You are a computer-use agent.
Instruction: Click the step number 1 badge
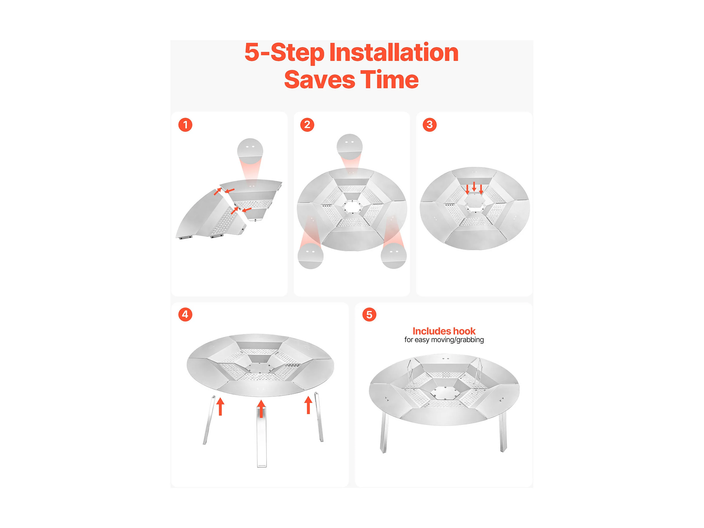pyautogui.click(x=185, y=125)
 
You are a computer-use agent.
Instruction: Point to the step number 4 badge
pyautogui.click(x=185, y=314)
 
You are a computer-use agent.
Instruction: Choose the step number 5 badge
pyautogui.click(x=369, y=314)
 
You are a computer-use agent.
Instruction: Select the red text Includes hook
pyautogui.click(x=444, y=331)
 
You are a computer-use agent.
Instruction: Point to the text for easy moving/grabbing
pyautogui.click(x=444, y=340)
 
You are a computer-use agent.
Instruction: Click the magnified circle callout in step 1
pyautogui.click(x=250, y=151)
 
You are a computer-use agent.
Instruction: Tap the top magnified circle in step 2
pyautogui.click(x=349, y=147)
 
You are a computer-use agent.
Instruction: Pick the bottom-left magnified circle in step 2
pyautogui.click(x=310, y=256)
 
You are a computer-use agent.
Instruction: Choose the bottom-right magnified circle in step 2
pyautogui.click(x=394, y=256)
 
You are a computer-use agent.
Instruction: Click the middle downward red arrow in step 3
pyautogui.click(x=474, y=186)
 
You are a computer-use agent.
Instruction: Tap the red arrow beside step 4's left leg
pyautogui.click(x=220, y=407)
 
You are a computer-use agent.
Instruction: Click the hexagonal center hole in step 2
pyautogui.click(x=352, y=207)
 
